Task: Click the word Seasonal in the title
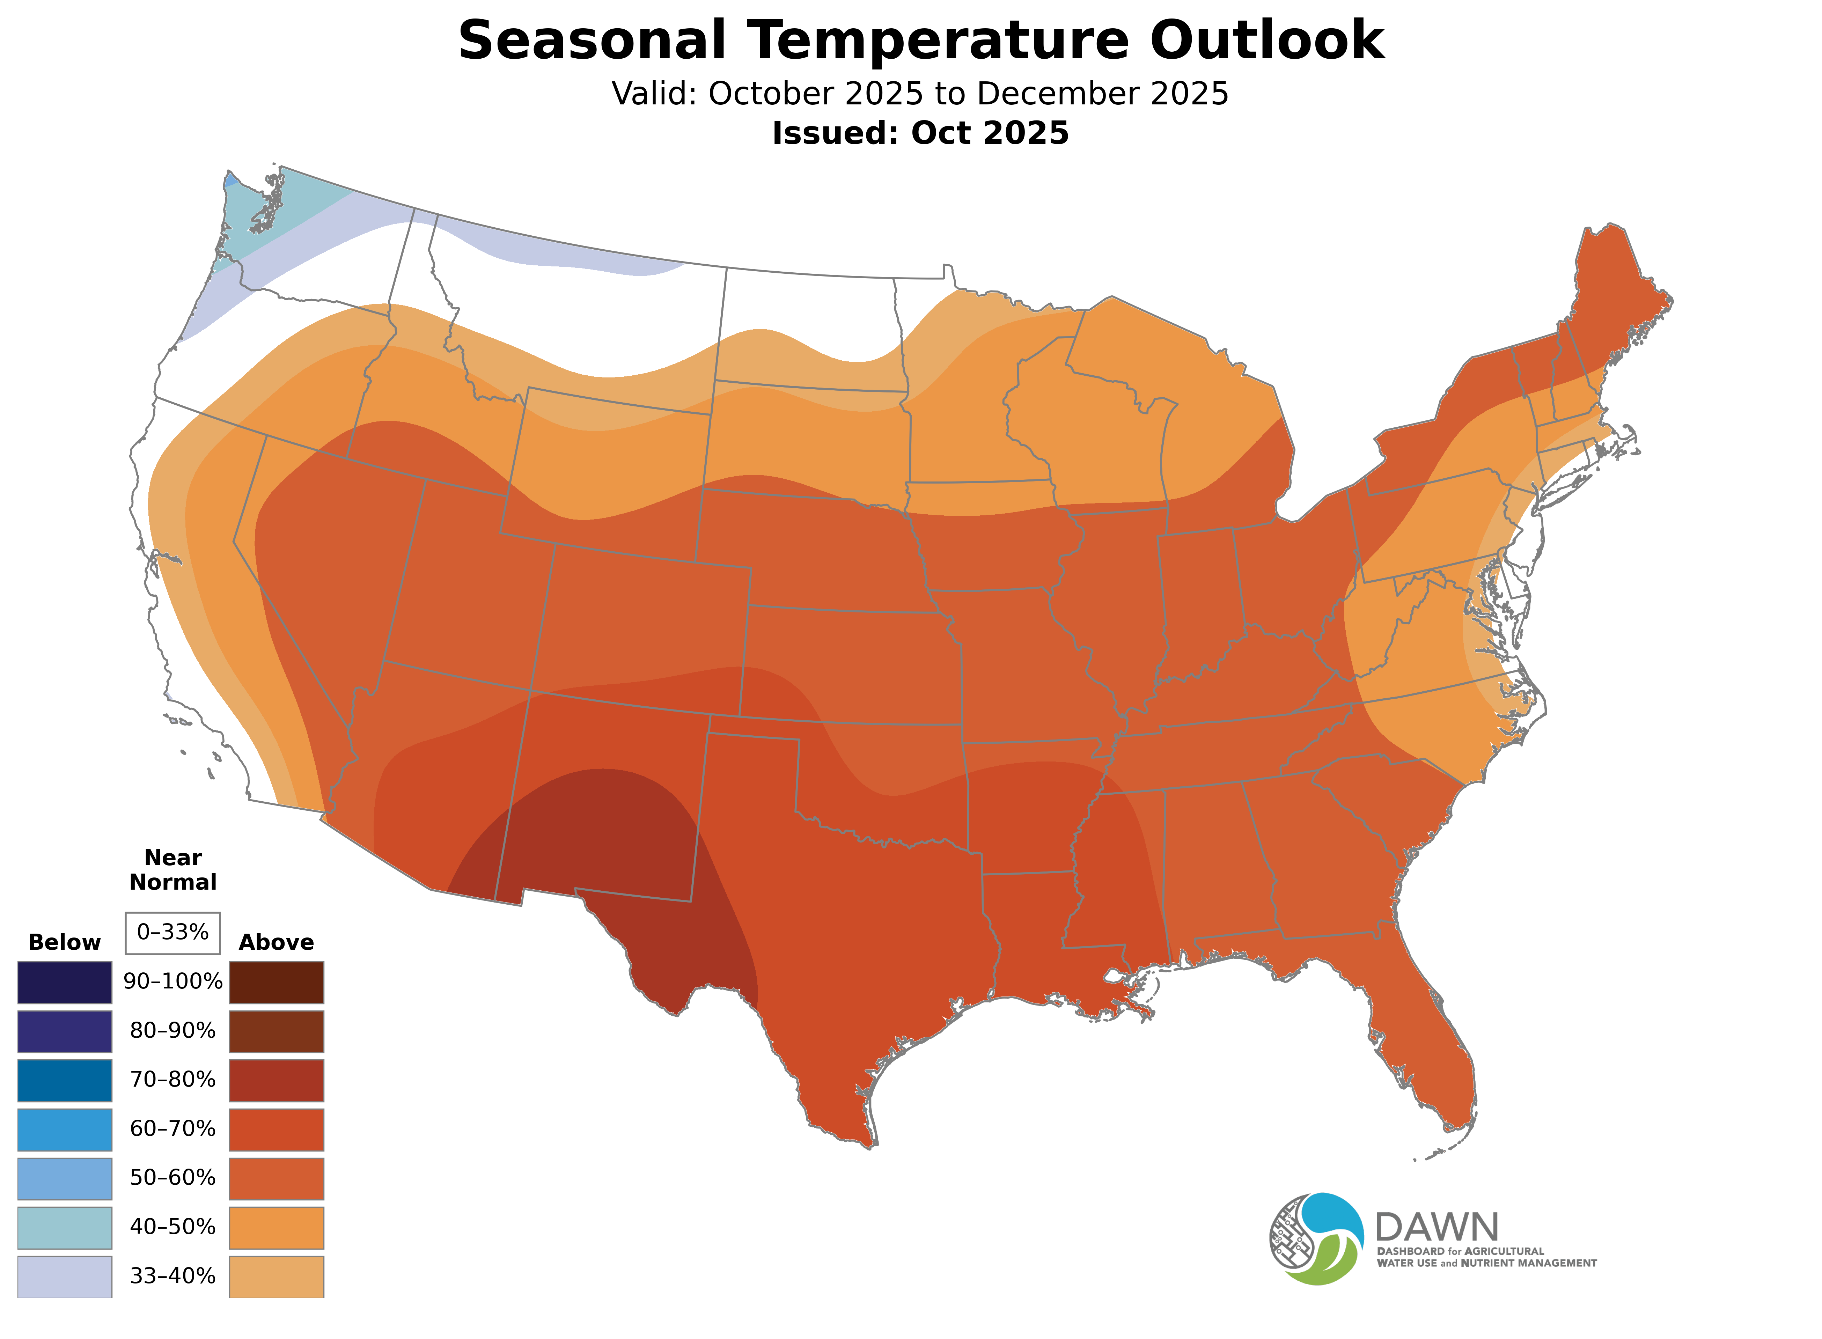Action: [592, 41]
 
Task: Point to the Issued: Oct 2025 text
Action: [920, 133]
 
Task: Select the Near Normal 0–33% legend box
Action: [172, 933]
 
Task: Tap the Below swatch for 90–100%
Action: [65, 983]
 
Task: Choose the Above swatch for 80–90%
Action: [277, 1031]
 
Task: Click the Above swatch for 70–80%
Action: [277, 1080]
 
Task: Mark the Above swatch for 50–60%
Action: [277, 1178]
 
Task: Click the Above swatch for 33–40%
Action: [277, 1277]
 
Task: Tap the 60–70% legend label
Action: [172, 1129]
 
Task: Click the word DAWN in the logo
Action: [1436, 1228]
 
